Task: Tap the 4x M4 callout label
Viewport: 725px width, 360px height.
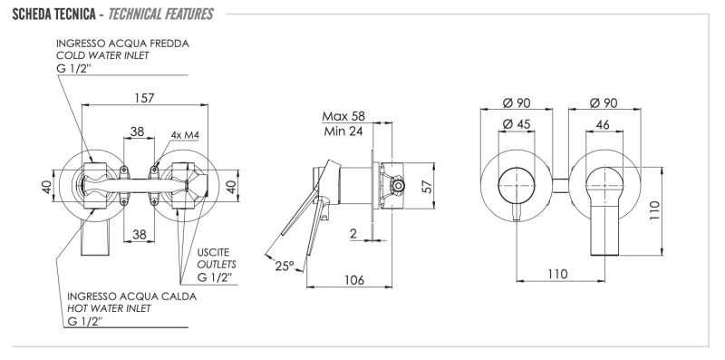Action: point(184,135)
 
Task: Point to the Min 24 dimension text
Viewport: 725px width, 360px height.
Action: point(344,131)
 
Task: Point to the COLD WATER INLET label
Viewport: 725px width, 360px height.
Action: point(103,55)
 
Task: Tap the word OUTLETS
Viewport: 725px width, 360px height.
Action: point(216,264)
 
